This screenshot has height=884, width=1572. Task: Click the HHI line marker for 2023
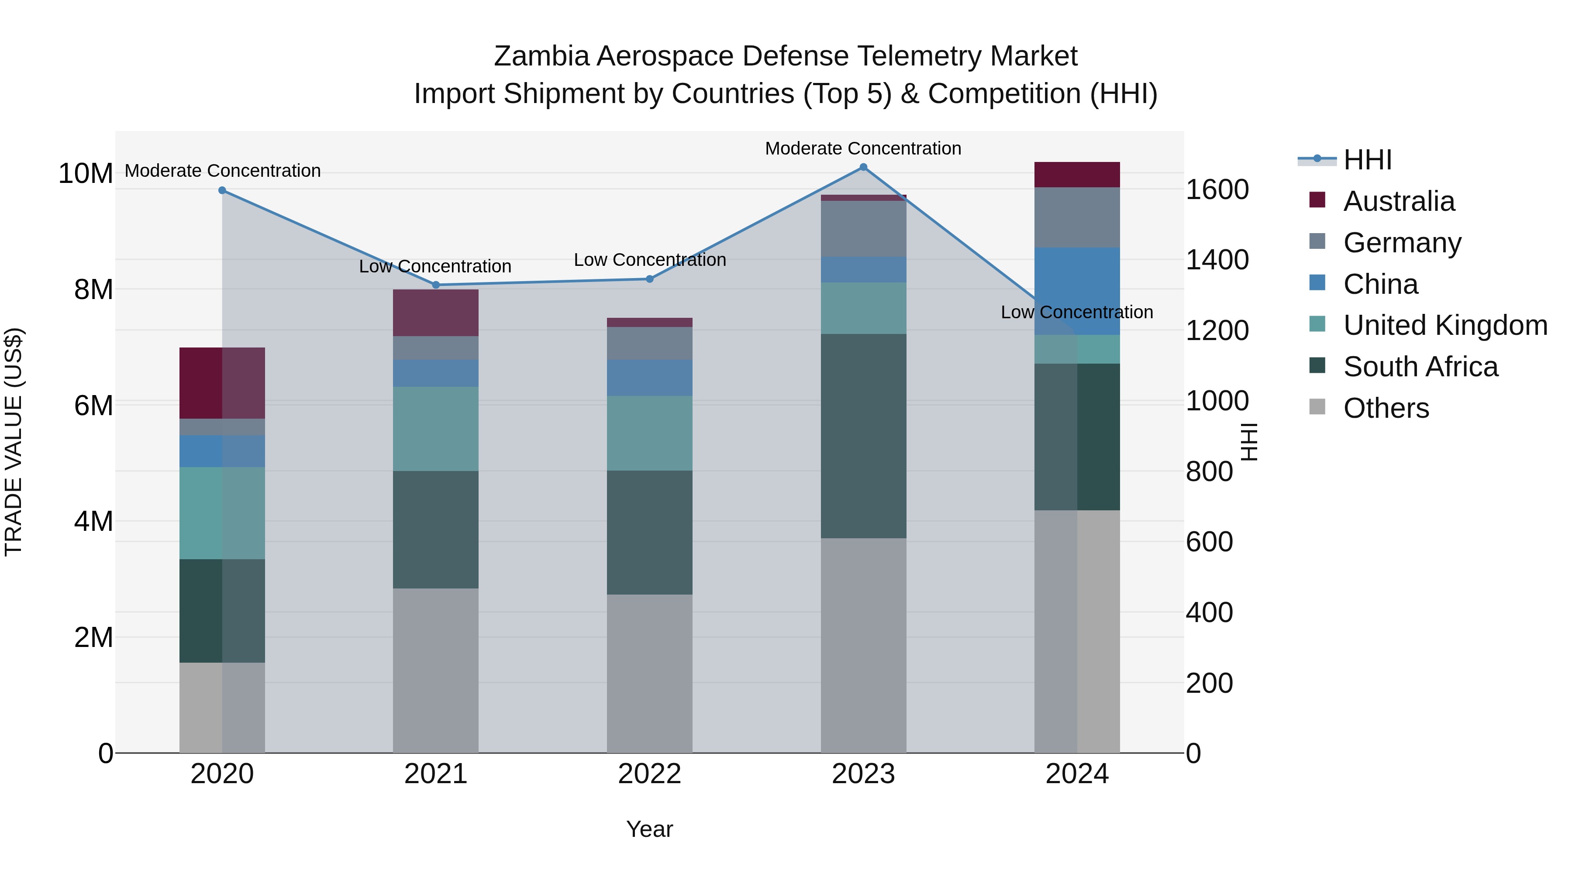click(863, 167)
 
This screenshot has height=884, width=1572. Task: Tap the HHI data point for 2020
click(222, 190)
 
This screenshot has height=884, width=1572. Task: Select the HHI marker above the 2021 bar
click(436, 285)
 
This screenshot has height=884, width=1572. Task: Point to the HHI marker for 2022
click(649, 279)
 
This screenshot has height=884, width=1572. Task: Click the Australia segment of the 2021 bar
click(436, 313)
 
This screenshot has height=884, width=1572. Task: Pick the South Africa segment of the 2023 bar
click(863, 436)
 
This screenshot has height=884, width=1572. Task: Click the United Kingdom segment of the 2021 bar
click(436, 428)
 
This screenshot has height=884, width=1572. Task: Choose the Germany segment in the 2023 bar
click(863, 229)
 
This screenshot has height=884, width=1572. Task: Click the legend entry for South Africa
click(1420, 367)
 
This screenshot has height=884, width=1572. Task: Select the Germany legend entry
click(1402, 243)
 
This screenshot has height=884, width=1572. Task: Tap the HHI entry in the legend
click(1367, 160)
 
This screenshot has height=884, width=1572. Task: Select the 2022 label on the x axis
click(649, 774)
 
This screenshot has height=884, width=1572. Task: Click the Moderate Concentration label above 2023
click(863, 148)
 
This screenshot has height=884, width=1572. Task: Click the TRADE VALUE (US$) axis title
click(14, 442)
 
